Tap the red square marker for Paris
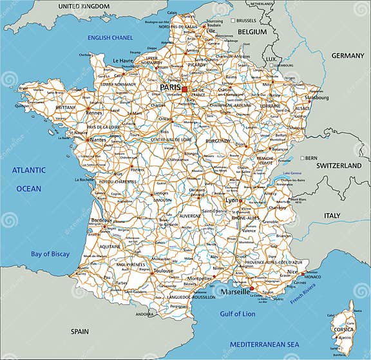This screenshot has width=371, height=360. pyautogui.click(x=184, y=89)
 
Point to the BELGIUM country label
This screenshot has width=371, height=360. pyautogui.click(x=252, y=31)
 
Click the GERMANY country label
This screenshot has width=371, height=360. pyautogui.click(x=348, y=55)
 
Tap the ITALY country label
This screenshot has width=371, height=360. pyautogui.click(x=332, y=215)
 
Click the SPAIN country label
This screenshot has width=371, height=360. pyautogui.click(x=79, y=331)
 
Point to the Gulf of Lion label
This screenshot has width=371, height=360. pyautogui.click(x=237, y=314)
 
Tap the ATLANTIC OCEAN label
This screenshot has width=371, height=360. pyautogui.click(x=28, y=178)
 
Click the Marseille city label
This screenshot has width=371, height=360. pyautogui.click(x=235, y=292)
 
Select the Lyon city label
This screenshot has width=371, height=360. pyautogui.click(x=231, y=200)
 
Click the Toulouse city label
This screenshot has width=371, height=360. pyautogui.click(x=162, y=270)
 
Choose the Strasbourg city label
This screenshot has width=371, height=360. pyautogui.click(x=317, y=98)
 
